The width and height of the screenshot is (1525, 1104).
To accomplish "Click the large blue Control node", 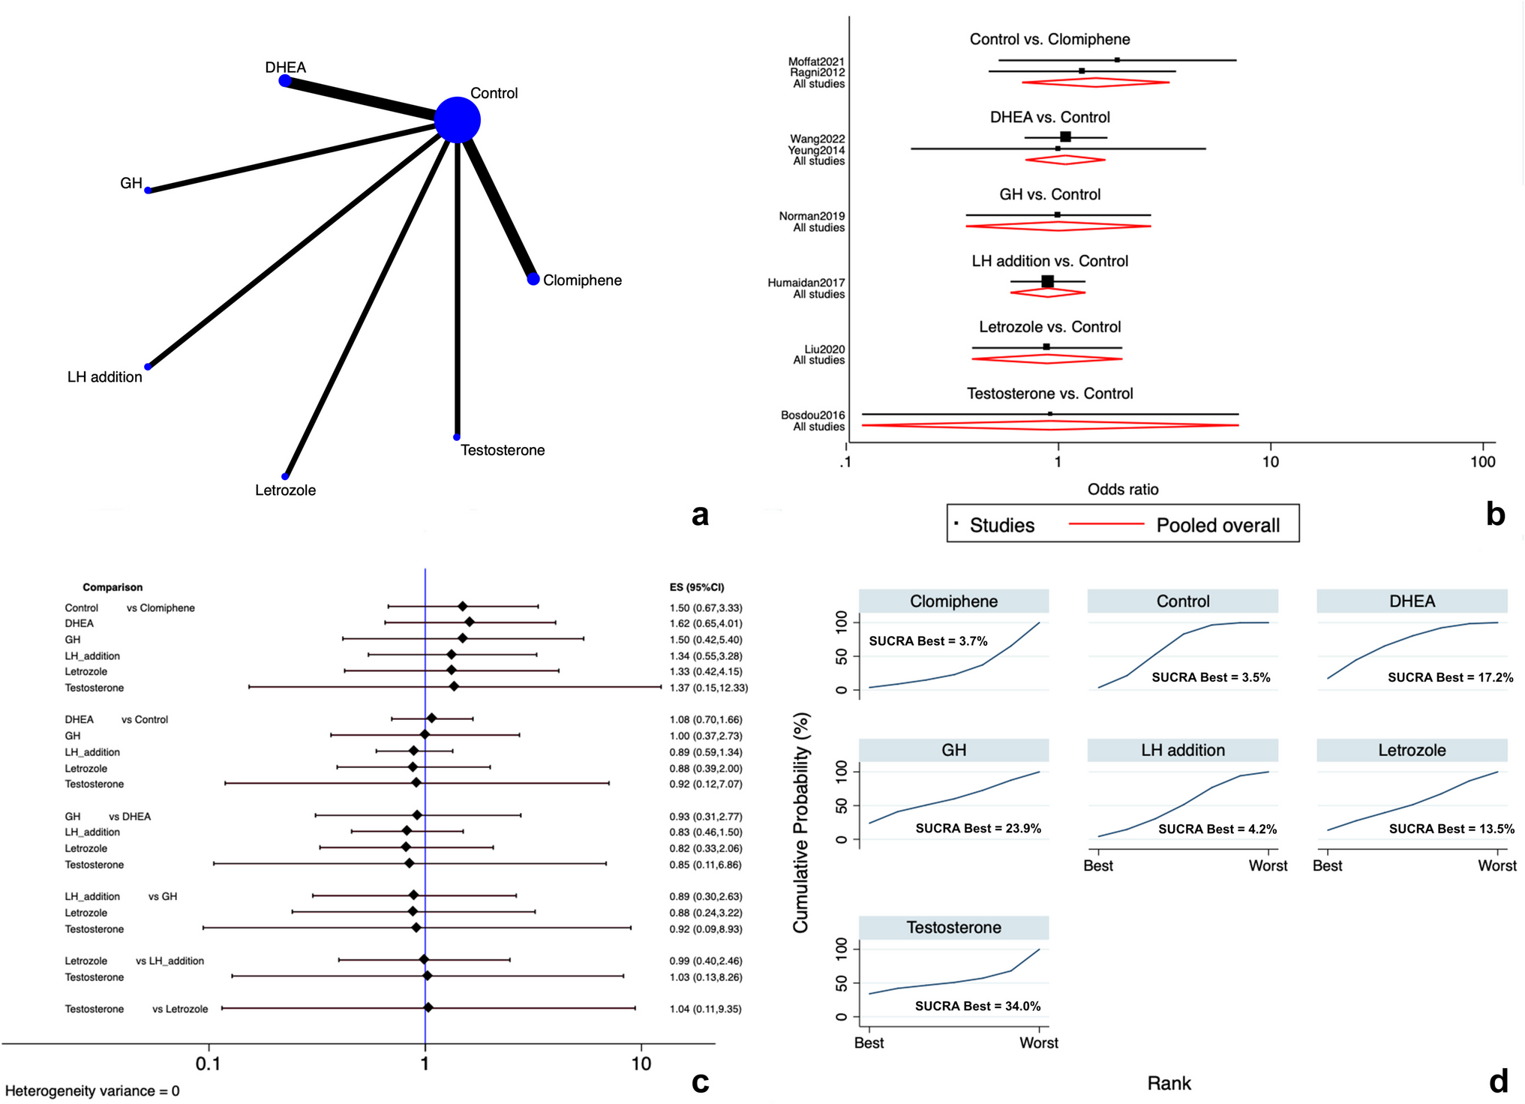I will click(x=458, y=119).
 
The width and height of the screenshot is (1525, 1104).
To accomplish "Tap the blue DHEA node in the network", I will click(x=285, y=80).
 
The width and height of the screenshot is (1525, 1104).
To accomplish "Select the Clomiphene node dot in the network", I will click(x=533, y=279).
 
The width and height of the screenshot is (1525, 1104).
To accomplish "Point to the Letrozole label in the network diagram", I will click(x=285, y=490).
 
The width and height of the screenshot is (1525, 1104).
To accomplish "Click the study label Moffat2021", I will click(x=816, y=61).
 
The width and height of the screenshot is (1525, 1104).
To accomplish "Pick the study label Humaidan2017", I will click(x=806, y=283).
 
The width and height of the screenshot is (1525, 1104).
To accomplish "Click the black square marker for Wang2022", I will click(x=1065, y=136).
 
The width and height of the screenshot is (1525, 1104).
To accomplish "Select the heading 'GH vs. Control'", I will click(x=1049, y=195).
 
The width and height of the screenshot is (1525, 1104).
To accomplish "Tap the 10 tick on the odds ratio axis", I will click(x=1270, y=462).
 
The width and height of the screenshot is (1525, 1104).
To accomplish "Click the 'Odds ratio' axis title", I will click(x=1122, y=490).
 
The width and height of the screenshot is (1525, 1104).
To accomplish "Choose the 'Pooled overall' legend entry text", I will click(x=1217, y=525).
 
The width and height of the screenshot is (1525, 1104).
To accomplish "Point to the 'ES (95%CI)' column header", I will click(x=697, y=587).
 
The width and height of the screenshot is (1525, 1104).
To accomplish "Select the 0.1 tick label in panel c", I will click(x=208, y=1063).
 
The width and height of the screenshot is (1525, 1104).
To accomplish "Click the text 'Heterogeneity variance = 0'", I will click(x=92, y=1090).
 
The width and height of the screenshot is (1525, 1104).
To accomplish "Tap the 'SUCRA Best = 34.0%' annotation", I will click(x=977, y=1006).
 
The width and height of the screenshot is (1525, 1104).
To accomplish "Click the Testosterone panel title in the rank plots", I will click(x=953, y=928).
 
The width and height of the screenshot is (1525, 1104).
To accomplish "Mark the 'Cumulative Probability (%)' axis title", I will click(x=801, y=823).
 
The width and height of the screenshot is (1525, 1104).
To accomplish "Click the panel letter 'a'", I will click(x=699, y=515).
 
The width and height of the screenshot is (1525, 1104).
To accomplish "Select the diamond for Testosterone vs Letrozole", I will click(x=428, y=1008).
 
